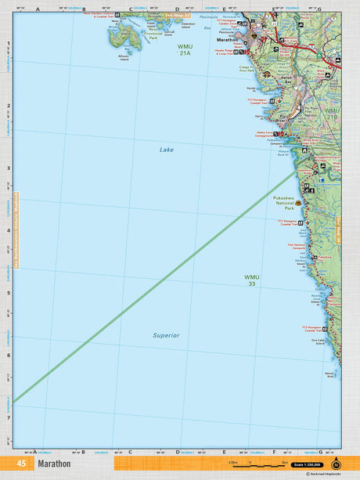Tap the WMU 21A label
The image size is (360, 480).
(x=184, y=49)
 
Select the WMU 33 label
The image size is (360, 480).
(x=250, y=280)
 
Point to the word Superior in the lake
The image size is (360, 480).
(x=166, y=334)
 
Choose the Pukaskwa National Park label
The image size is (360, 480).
(x=283, y=204)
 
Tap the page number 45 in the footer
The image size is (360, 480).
(x=20, y=464)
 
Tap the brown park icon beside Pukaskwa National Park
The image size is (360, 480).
(x=299, y=203)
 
